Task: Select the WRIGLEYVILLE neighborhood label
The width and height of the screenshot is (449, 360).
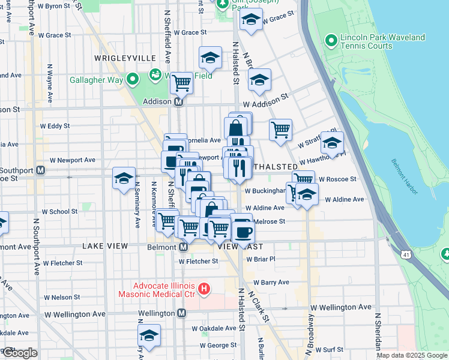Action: pyautogui.click(x=125, y=58)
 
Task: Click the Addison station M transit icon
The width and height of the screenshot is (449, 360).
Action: pyautogui.click(x=178, y=102)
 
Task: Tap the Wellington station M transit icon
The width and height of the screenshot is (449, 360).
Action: pyautogui.click(x=181, y=313)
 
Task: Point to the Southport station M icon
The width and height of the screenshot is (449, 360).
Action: pyautogui.click(x=40, y=170)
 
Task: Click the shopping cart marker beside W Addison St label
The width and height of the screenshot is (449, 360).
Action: pyautogui.click(x=280, y=129)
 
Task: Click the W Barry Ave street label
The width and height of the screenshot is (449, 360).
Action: pyautogui.click(x=271, y=282)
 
